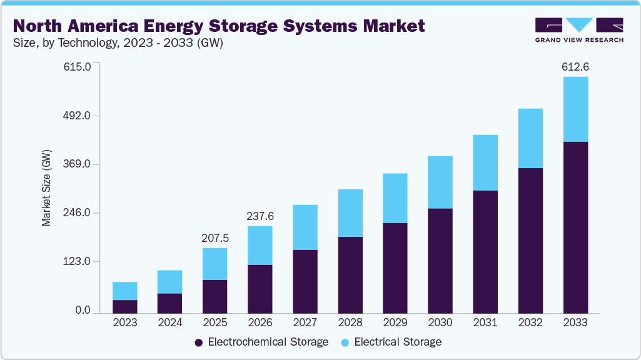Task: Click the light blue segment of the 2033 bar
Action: point(575,109)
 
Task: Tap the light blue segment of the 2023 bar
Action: point(125,291)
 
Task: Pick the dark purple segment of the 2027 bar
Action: point(305,281)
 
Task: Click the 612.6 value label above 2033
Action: point(575,67)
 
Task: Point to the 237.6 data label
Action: point(260,216)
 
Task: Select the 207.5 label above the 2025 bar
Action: point(215,238)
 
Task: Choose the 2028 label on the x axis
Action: point(350,322)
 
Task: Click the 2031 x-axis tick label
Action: point(485,322)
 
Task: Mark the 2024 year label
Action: point(170,322)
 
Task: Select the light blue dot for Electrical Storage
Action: point(345,342)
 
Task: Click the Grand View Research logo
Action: point(579,29)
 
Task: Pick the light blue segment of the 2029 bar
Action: point(395,198)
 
